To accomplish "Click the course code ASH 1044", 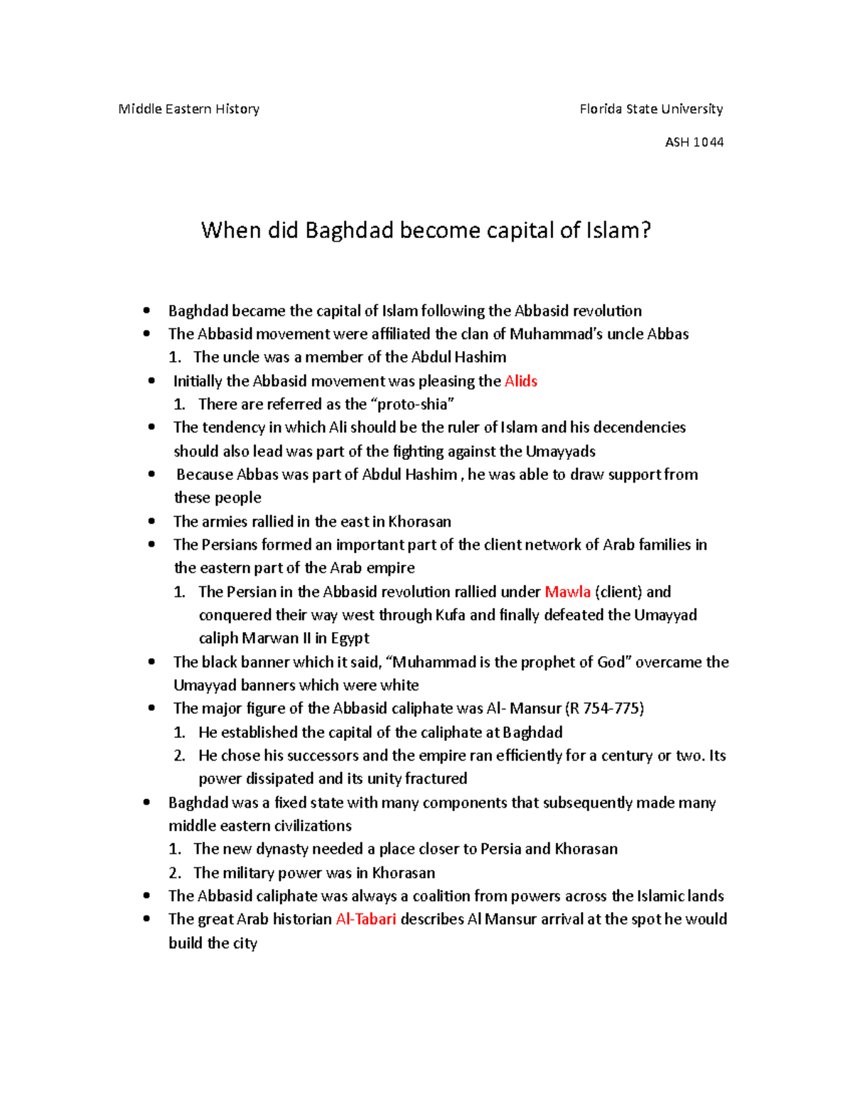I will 694,142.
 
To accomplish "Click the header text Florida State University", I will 651,109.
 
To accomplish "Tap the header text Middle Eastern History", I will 188,109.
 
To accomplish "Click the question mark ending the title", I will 645,231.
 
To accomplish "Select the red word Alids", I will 520,381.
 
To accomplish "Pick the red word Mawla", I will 567,591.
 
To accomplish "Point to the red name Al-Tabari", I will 365,919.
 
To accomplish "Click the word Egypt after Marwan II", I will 350,638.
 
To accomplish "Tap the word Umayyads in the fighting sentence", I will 560,451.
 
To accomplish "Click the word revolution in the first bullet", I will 606,311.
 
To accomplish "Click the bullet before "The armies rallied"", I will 151,521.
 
